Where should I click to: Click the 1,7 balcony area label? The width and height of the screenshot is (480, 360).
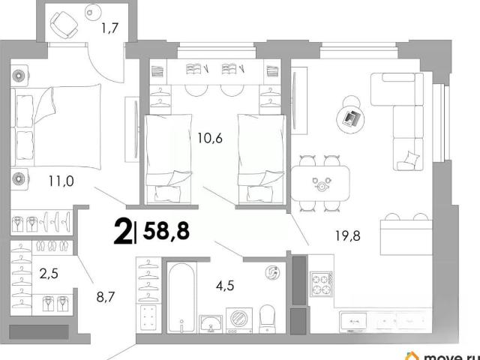110,28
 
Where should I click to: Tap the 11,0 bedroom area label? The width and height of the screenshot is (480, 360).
61,181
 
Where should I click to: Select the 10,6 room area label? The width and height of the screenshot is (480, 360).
210,138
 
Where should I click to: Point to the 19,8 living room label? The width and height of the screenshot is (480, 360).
348,236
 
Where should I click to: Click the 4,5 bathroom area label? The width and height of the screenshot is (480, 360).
225,286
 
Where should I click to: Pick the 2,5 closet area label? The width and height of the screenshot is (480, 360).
49,274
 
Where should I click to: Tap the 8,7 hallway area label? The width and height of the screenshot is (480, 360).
106,297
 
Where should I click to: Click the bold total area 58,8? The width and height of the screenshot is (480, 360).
166,231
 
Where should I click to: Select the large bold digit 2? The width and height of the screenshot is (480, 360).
123,232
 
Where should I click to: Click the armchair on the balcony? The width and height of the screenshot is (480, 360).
64,25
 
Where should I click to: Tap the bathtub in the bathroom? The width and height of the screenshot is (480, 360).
181,298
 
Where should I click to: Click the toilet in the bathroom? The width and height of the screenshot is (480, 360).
267,319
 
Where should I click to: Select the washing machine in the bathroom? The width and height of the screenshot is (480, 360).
239,320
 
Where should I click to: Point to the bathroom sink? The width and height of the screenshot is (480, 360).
211,324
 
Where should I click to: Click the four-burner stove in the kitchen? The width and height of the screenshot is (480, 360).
321,283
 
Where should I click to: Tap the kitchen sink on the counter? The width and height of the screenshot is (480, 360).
353,321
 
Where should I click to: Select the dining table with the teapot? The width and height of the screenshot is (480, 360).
320,184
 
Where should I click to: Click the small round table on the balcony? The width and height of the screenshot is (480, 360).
93,13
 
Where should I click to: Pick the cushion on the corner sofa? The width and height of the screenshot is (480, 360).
412,158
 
